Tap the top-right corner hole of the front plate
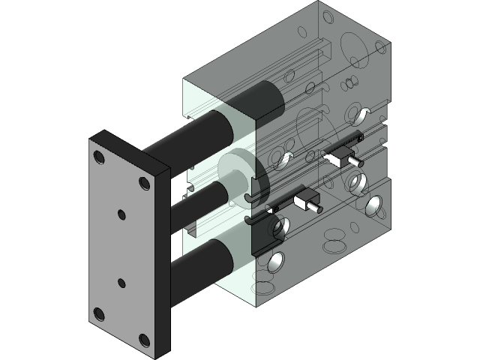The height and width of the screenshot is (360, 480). click(x=143, y=182)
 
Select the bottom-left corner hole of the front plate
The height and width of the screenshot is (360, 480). click(x=99, y=313)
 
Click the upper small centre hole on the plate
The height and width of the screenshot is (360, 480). click(x=121, y=214)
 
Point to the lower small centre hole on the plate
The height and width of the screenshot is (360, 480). click(x=121, y=283)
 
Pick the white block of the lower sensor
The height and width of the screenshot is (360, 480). click(x=304, y=200)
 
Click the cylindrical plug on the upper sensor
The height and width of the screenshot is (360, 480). click(x=353, y=161)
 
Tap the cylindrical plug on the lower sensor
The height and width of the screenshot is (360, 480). click(x=318, y=206)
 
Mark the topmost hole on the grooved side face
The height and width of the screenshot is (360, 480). click(x=364, y=114)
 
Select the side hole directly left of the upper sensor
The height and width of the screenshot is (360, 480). click(x=283, y=159)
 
